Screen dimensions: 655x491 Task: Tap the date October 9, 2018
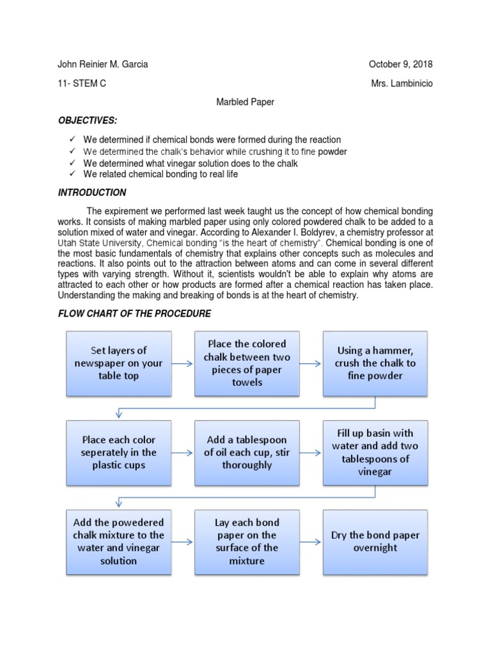click(400, 65)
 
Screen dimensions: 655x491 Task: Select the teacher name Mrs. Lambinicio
click(401, 84)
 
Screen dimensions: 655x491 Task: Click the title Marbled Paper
click(245, 102)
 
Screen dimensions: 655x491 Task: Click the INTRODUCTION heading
click(92, 193)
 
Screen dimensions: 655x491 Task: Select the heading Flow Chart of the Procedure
click(134, 313)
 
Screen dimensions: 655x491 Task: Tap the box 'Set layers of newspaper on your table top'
click(119, 363)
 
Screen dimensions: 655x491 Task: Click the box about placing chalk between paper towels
click(247, 363)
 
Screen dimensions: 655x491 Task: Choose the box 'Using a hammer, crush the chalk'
click(375, 363)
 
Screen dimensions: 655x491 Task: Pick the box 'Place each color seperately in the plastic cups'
click(119, 452)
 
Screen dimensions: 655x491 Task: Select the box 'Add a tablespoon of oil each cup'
click(247, 452)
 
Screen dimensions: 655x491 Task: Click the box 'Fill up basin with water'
click(375, 452)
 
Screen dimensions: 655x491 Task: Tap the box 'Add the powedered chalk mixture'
click(119, 542)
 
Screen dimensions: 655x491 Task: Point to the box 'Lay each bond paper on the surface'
click(247, 542)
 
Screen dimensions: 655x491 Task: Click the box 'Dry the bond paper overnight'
click(375, 542)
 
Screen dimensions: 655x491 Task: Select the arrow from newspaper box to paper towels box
click(183, 363)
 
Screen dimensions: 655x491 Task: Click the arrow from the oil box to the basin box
click(311, 452)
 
